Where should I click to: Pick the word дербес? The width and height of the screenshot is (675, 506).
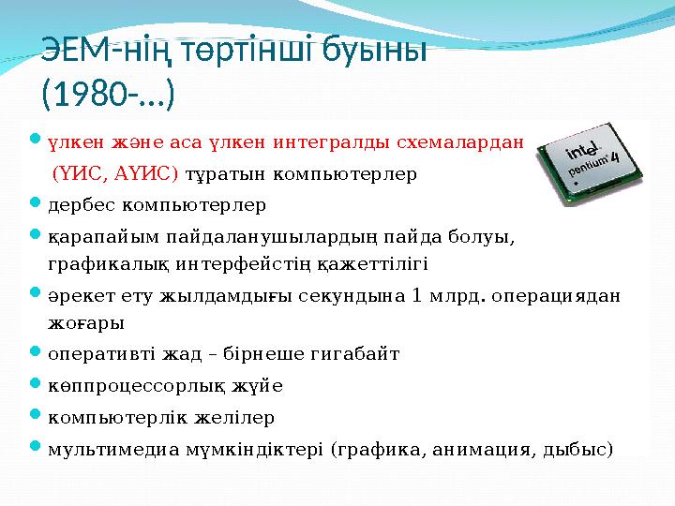81,204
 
